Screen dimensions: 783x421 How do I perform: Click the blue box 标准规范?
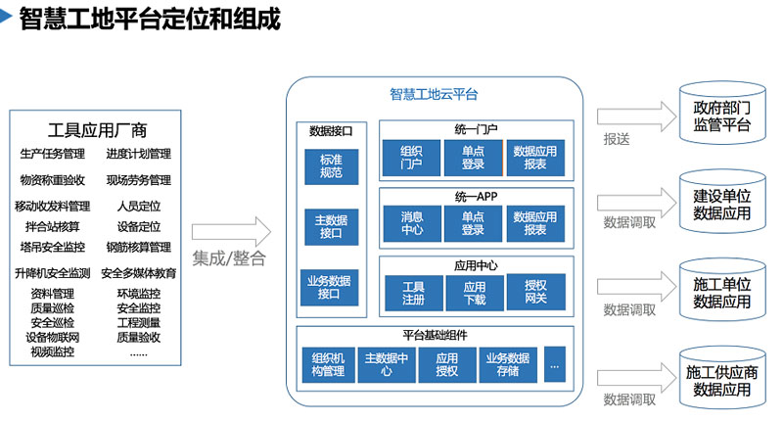click(x=332, y=166)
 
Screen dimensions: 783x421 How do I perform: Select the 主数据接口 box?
click(x=332, y=227)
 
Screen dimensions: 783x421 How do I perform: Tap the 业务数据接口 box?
click(x=329, y=287)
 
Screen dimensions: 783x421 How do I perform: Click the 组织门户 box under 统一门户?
click(x=411, y=158)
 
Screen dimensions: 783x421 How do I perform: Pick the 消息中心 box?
click(x=412, y=224)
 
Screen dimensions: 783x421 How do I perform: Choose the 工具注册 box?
click(x=413, y=293)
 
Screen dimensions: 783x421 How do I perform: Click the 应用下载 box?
click(x=475, y=293)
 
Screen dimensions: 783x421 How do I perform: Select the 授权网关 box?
click(x=535, y=292)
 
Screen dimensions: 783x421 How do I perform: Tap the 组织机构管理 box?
click(x=329, y=365)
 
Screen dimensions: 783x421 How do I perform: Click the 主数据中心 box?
click(x=387, y=365)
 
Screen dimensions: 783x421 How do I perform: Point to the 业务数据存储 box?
click(x=508, y=365)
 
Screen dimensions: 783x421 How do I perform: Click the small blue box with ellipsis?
click(x=555, y=364)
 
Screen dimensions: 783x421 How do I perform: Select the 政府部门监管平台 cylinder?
click(x=722, y=114)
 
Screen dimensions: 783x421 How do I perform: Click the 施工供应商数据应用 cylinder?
click(x=722, y=378)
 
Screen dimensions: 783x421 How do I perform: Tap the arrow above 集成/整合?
click(x=231, y=231)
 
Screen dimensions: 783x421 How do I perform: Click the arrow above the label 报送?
click(x=637, y=117)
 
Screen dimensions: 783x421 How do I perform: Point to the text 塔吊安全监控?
click(x=53, y=247)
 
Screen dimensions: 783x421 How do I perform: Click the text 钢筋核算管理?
click(x=139, y=247)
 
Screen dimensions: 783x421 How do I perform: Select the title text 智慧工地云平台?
click(x=434, y=94)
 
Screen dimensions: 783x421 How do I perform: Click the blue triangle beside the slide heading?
click(x=6, y=17)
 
